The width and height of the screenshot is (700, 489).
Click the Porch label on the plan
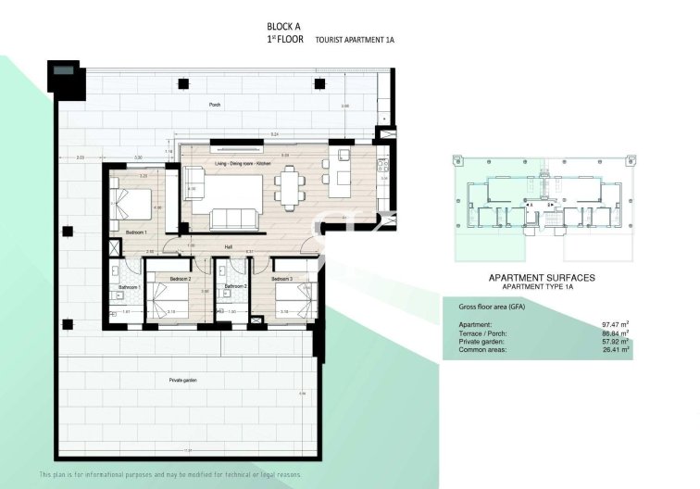215,106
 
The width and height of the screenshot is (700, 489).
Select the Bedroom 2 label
180,278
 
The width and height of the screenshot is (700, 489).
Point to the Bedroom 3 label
281,278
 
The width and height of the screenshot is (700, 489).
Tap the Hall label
229,246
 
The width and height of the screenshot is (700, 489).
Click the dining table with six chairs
291,187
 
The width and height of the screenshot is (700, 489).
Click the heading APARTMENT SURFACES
541,277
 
